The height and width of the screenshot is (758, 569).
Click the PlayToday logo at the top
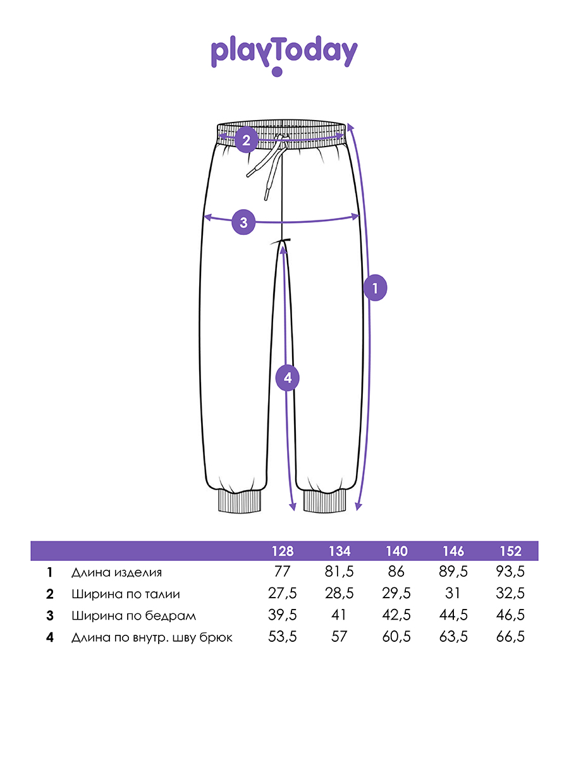pyautogui.click(x=284, y=54)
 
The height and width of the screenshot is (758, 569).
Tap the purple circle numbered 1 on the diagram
pyautogui.click(x=375, y=288)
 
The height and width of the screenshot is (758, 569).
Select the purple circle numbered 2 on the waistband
pyautogui.click(x=246, y=140)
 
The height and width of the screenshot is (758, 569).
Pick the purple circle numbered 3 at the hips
pyautogui.click(x=243, y=222)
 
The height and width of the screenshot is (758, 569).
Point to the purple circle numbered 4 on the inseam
pyautogui.click(x=288, y=378)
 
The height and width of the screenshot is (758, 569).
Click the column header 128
pyautogui.click(x=283, y=551)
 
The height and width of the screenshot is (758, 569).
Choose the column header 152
pyautogui.click(x=510, y=551)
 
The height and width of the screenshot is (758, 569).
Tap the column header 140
pyautogui.click(x=396, y=551)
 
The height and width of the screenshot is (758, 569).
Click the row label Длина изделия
pyautogui.click(x=116, y=573)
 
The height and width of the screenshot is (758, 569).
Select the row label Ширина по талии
pyautogui.click(x=125, y=594)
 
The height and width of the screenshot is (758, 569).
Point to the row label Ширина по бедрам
pyautogui.click(x=133, y=616)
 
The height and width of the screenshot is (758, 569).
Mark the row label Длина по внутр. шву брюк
pyautogui.click(x=152, y=637)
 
